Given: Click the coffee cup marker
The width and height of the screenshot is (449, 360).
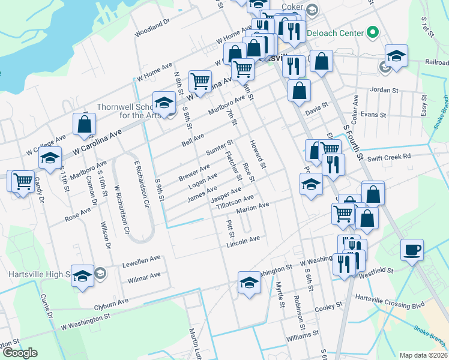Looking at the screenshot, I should [x=412, y=249].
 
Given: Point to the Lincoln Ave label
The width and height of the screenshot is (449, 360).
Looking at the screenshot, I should [x=243, y=242].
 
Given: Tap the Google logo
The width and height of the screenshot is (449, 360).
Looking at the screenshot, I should [x=20, y=353].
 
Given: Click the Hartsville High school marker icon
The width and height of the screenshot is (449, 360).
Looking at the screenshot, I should [x=83, y=276].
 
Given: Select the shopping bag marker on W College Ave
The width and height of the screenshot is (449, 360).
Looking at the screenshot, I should [x=85, y=124].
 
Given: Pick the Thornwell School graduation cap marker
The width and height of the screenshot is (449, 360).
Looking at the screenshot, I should [x=164, y=102].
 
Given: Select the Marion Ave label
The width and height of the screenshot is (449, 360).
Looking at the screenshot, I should [x=253, y=208].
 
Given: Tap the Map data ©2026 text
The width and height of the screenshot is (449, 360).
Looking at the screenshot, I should [x=423, y=355].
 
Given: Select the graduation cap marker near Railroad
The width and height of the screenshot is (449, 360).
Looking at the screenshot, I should [x=396, y=56].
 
